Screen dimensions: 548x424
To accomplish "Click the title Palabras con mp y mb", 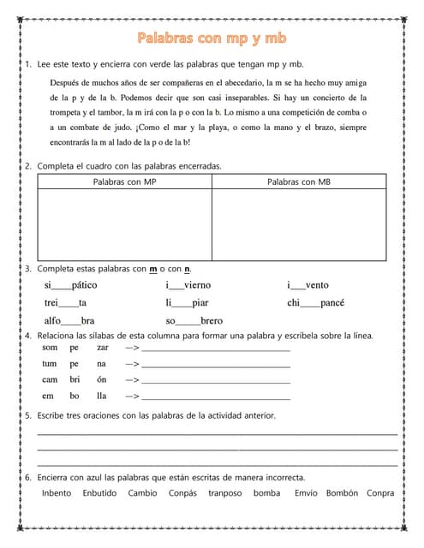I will [x=212, y=39].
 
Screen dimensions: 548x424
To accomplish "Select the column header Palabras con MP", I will [x=124, y=182].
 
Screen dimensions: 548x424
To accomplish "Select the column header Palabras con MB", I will [x=299, y=182].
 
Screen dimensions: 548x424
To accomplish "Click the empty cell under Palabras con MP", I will [x=124, y=223].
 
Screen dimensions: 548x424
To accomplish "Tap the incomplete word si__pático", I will [x=70, y=285].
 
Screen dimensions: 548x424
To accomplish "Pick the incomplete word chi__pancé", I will [x=315, y=303].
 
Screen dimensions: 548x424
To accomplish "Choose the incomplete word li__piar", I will [x=187, y=303].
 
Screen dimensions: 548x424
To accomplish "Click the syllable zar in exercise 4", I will [x=103, y=348].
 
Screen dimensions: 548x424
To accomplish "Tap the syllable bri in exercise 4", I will [x=75, y=379].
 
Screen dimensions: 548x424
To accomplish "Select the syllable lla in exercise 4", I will [x=102, y=396].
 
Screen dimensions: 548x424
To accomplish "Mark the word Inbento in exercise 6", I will [x=57, y=493].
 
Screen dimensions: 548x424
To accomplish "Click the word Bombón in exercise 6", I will [x=342, y=493].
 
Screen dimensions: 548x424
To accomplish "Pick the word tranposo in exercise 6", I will [x=224, y=493].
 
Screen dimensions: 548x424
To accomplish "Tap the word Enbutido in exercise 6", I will [x=99, y=493].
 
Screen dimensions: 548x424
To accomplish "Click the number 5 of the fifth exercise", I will [x=28, y=415].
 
